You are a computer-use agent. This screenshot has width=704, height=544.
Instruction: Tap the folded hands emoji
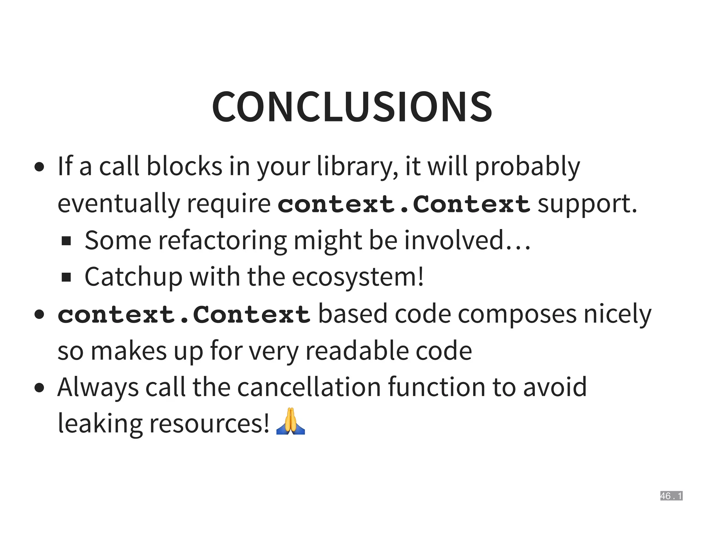pyautogui.click(x=290, y=422)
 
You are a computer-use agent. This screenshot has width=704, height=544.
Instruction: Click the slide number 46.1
pyautogui.click(x=671, y=496)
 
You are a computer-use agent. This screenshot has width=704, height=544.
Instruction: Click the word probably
pyautogui.click(x=527, y=166)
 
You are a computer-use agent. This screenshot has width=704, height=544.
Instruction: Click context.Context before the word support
pyautogui.click(x=404, y=204)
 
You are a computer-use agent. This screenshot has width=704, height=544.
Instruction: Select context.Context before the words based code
pyautogui.click(x=184, y=314)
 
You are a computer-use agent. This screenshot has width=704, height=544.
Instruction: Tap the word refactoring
pyautogui.click(x=222, y=240)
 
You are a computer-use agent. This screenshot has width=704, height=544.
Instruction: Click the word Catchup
pyautogui.click(x=133, y=277)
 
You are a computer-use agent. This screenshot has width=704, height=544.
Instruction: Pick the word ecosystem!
pyautogui.click(x=358, y=277)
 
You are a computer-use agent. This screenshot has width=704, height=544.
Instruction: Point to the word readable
pyautogui.click(x=357, y=351)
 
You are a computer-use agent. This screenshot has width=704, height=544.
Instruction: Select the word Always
pyautogui.click(x=98, y=388)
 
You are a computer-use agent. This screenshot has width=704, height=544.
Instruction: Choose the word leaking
pyautogui.click(x=100, y=424)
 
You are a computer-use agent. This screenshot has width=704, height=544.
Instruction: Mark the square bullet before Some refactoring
pyautogui.click(x=66, y=241)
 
